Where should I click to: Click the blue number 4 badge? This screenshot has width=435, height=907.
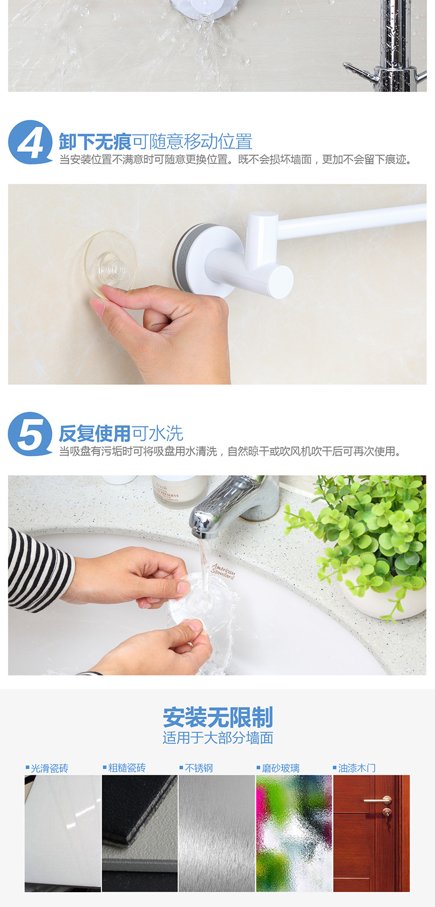click(30, 142)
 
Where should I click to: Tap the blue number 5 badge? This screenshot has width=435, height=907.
click(30, 434)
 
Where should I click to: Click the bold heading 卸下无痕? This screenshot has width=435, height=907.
click(95, 142)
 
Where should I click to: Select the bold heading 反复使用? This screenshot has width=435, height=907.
click(95, 434)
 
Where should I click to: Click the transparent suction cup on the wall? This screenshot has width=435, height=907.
click(110, 265)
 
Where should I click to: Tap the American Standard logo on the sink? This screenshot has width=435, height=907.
click(223, 571)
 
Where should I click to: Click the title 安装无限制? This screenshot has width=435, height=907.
click(218, 717)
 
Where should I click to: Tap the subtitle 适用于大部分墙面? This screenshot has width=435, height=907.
click(218, 738)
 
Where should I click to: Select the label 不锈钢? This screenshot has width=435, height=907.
click(198, 768)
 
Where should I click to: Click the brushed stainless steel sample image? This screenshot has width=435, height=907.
click(217, 833)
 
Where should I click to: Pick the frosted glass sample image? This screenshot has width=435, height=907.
click(294, 833)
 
